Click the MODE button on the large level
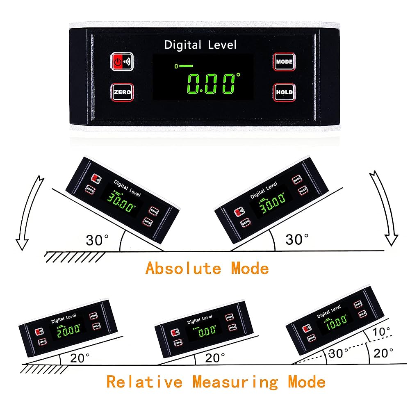[284, 62]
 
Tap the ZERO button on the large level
[122, 92]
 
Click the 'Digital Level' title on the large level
[200, 45]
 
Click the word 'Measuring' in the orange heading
[235, 382]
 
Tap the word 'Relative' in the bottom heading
[144, 382]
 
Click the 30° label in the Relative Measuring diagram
[339, 353]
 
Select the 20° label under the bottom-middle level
[215, 358]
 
